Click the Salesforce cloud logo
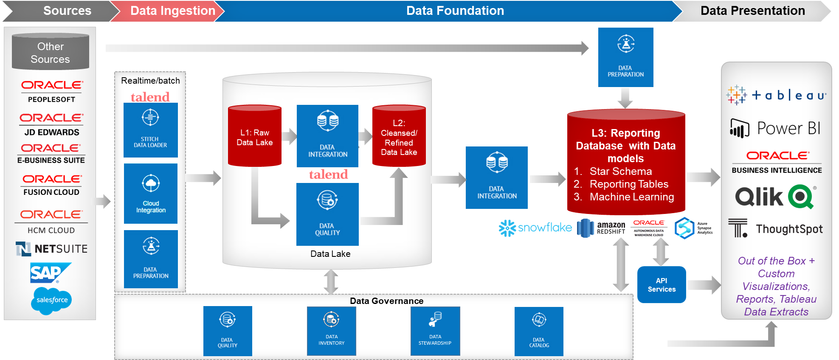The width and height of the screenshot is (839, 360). click(x=51, y=300)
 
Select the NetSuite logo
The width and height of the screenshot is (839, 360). click(x=51, y=249)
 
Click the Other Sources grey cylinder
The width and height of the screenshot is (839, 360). click(x=51, y=52)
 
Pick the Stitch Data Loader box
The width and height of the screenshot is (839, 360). click(x=151, y=130)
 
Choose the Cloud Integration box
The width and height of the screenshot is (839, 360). click(x=151, y=194)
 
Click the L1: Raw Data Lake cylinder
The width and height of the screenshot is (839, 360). click(x=255, y=136)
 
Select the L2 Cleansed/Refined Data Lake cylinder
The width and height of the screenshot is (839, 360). click(x=399, y=136)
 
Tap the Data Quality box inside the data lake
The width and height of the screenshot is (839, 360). click(x=327, y=214)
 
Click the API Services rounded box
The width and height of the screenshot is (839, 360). click(x=662, y=285)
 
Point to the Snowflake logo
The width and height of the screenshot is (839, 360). click(x=535, y=228)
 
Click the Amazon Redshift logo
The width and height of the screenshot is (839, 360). click(x=601, y=228)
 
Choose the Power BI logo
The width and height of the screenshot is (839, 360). click(x=775, y=128)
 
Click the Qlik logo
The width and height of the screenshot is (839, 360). click(x=775, y=197)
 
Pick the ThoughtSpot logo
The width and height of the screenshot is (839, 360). click(x=775, y=229)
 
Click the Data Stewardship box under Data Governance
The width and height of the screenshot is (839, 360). click(x=435, y=331)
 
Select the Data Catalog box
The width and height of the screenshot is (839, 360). click(x=539, y=331)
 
